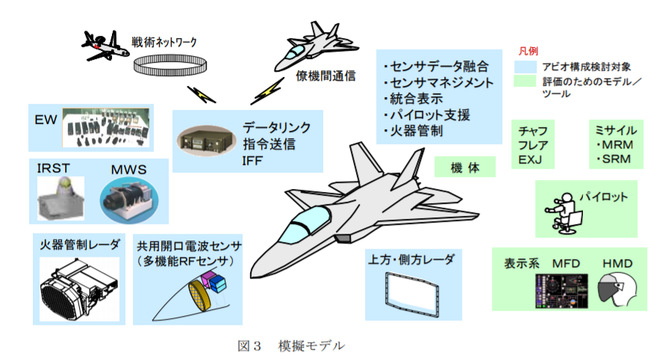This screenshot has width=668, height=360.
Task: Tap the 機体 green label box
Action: [x=465, y=168]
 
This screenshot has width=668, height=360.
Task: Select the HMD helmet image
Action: [x=619, y=288]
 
